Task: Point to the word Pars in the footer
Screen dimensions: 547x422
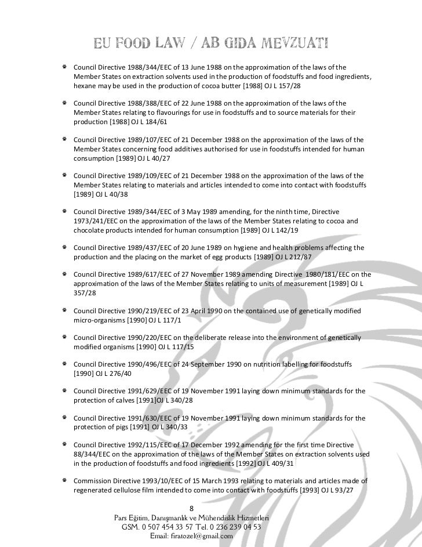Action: click(x=123, y=517)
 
